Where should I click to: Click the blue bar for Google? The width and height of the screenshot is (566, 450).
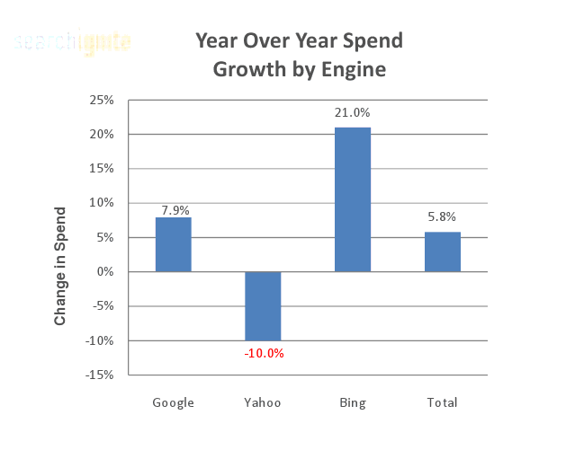(x=173, y=244)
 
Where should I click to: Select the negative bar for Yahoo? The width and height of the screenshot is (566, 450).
(x=263, y=305)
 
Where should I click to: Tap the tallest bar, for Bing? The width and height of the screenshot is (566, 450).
(x=353, y=199)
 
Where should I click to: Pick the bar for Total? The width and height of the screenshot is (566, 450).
(x=443, y=251)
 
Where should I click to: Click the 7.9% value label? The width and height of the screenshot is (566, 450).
(x=175, y=210)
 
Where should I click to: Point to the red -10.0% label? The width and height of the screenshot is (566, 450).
(x=264, y=353)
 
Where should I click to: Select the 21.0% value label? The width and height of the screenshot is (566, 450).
(x=352, y=113)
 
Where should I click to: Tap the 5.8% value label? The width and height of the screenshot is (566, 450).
(x=441, y=216)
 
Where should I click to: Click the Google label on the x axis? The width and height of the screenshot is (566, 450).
(x=174, y=402)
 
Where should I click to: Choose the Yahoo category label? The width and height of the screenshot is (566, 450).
(x=263, y=402)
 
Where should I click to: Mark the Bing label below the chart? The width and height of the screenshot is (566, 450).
(x=353, y=402)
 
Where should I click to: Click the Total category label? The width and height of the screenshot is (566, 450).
(x=442, y=402)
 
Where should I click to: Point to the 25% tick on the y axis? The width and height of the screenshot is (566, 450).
(x=102, y=100)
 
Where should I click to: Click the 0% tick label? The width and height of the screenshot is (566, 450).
(x=105, y=271)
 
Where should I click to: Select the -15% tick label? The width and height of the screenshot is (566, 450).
(x=99, y=375)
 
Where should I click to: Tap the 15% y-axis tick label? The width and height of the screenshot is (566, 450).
(x=102, y=169)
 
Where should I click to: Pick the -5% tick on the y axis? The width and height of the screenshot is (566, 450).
(x=103, y=305)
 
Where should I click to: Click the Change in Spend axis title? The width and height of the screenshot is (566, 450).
(x=60, y=267)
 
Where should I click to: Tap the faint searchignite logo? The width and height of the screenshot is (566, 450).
(x=73, y=41)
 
